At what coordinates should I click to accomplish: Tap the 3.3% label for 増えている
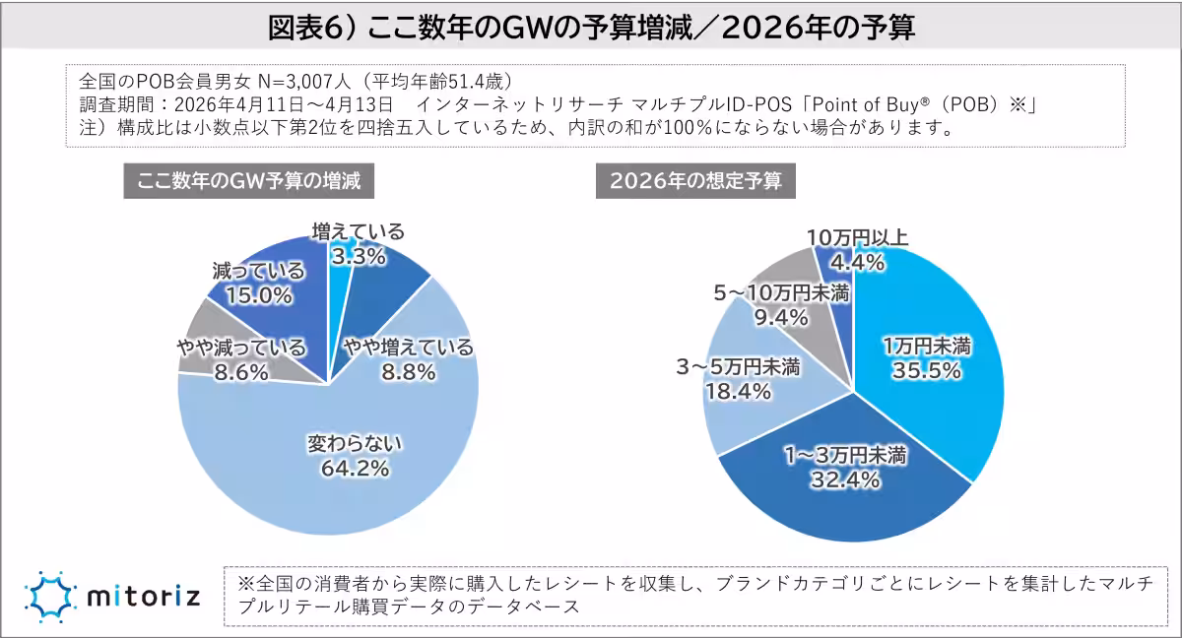click(x=358, y=258)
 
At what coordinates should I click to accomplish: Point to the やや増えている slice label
click(x=408, y=348)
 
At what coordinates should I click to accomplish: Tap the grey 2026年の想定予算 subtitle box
click(x=695, y=181)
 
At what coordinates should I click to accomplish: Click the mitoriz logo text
click(x=143, y=596)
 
